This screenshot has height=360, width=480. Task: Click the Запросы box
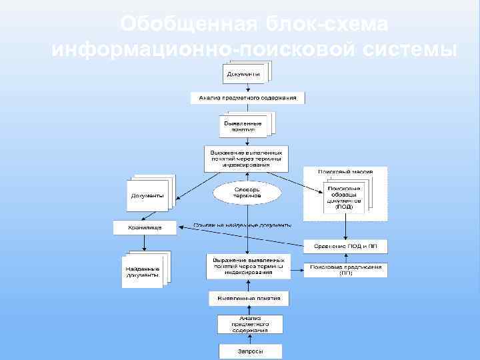pos(251,351)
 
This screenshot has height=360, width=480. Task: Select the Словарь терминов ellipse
pos(247,193)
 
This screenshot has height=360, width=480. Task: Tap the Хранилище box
pos(145,228)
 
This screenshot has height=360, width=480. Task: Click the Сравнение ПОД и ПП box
pos(345,246)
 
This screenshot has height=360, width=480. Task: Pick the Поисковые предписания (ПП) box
pos(345,269)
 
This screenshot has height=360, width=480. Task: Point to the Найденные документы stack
pos(143,271)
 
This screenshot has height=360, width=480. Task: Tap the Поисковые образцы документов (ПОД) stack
pos(345,198)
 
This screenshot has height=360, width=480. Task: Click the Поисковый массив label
pos(345,172)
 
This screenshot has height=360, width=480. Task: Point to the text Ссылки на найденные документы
pos(242,225)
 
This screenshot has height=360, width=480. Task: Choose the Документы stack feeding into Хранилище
pos(148,195)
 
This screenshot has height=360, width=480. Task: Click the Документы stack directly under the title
pos(244,73)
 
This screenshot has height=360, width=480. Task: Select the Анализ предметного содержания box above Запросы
pos(250,324)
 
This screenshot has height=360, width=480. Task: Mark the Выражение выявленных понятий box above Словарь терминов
pos(247,159)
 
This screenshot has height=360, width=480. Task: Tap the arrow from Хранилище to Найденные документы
pos(145,243)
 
